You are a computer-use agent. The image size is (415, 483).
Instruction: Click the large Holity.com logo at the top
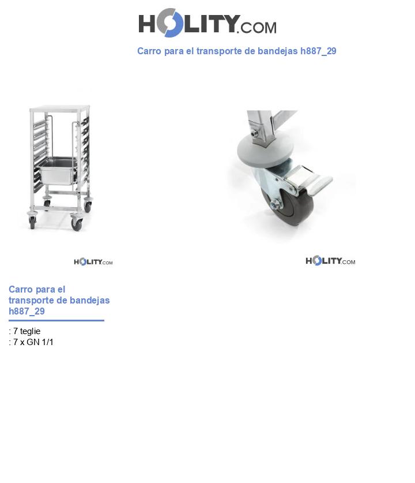coord(207,23)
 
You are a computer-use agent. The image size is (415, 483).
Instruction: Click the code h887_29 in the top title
coord(318,51)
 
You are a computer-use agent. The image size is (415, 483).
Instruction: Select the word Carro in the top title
coord(149,51)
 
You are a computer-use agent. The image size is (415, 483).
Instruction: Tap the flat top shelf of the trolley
coord(60,107)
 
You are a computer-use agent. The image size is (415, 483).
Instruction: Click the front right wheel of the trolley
coord(76,223)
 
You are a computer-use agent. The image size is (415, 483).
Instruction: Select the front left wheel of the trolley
coord(32,222)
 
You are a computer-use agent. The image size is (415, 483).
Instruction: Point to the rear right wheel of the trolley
coord(88,205)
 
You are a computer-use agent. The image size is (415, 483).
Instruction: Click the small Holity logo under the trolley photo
coord(93,262)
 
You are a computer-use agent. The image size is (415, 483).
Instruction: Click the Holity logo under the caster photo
coord(330,261)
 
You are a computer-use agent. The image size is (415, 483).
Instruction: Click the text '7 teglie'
coord(27,331)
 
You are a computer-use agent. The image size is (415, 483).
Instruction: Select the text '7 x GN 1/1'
coord(33,342)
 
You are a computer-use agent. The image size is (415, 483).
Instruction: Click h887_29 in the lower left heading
coord(27,312)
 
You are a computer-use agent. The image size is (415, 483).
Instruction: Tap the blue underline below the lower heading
coord(56,320)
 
